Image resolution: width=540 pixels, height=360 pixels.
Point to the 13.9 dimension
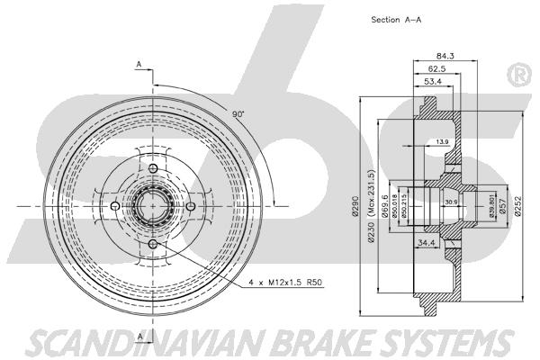[x=441, y=143]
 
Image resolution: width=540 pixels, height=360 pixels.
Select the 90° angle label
[x=238, y=116]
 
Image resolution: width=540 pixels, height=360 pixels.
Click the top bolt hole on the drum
[x=152, y=170]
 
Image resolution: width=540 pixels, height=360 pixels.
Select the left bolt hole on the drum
[x=114, y=207]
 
